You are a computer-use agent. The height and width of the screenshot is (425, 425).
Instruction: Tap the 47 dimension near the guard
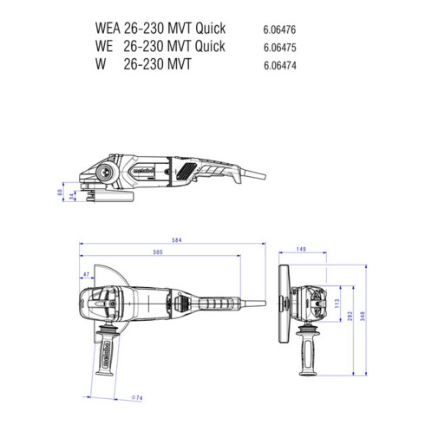[87, 275]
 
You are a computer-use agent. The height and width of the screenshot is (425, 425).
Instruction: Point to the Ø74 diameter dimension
[136, 397]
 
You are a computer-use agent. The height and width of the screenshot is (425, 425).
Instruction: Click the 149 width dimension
[301, 251]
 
